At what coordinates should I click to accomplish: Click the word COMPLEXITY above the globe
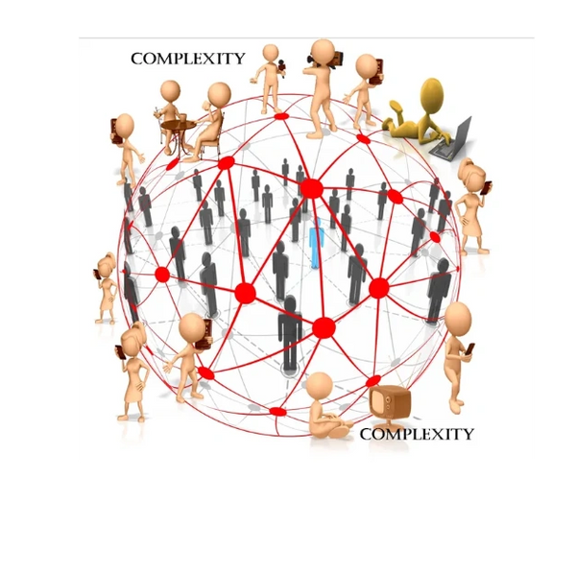click(x=188, y=59)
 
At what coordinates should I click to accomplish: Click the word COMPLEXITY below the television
click(x=417, y=434)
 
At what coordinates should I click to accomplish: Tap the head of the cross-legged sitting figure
click(x=320, y=386)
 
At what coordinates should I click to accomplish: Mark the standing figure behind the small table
click(x=170, y=110)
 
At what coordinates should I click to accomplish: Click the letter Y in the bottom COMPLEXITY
click(x=467, y=434)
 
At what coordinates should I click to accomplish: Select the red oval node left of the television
click(x=277, y=412)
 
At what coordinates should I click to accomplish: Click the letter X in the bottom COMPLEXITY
click(x=438, y=434)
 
